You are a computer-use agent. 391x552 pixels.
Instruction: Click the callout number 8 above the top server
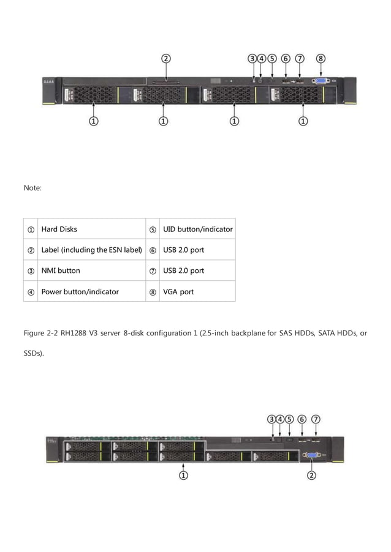click(321, 59)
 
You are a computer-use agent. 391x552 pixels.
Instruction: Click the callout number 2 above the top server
click(166, 59)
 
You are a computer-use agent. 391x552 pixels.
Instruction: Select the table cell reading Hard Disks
click(59, 229)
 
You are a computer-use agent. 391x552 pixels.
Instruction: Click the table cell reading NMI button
click(61, 270)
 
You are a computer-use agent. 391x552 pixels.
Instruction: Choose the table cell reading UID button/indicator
click(197, 229)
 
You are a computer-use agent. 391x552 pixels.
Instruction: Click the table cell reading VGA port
click(178, 292)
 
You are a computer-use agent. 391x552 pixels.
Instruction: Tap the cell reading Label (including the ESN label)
click(91, 250)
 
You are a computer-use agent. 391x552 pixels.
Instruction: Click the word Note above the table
click(32, 187)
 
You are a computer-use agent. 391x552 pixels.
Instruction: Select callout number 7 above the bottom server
click(316, 419)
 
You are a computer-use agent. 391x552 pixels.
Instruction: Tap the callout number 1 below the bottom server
click(183, 474)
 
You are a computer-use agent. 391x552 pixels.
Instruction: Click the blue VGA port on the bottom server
click(311, 455)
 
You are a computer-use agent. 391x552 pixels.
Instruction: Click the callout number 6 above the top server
click(286, 59)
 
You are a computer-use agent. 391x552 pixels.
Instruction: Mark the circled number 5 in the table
click(153, 229)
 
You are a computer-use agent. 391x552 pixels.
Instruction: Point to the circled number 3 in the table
click(31, 270)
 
